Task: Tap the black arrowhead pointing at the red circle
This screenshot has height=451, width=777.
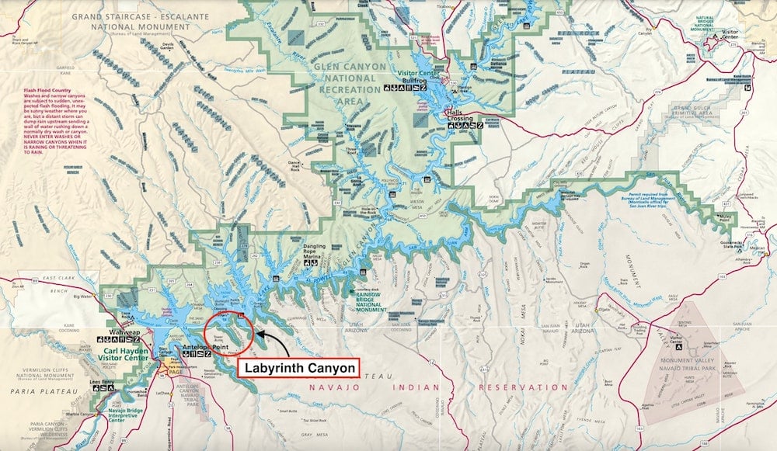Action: pyautogui.click(x=259, y=333)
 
